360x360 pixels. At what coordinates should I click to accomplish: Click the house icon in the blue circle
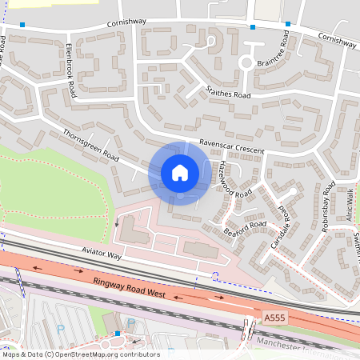tap(180, 172)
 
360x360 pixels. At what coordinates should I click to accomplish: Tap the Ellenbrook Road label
tap(71, 70)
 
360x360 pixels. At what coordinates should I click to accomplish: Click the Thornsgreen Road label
tap(90, 143)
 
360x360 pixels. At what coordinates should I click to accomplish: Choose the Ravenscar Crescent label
tap(231, 138)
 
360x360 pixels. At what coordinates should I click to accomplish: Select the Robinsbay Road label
tap(325, 210)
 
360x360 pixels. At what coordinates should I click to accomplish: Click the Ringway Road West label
tap(130, 288)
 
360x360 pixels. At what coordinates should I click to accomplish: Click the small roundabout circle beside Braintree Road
tap(247, 63)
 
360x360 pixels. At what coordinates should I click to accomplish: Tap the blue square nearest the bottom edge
tap(118, 333)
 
